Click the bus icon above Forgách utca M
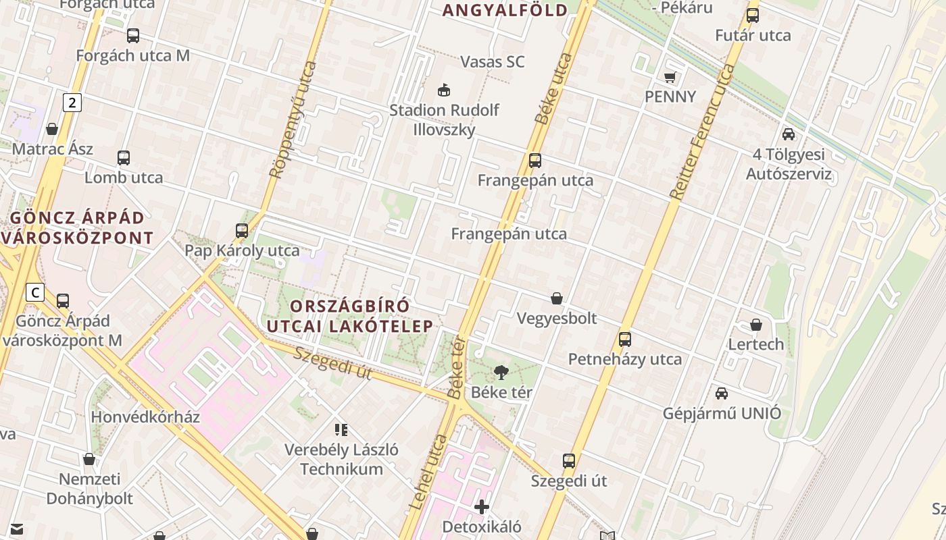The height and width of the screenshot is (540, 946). tap(133, 36)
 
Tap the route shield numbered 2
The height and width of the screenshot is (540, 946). tap(72, 103)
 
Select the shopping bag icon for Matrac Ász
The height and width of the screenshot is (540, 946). tap(52, 128)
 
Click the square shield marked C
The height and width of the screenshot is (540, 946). tap(34, 292)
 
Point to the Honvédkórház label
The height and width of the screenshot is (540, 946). tap(145, 416)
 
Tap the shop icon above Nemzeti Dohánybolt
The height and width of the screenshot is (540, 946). tap(89, 460)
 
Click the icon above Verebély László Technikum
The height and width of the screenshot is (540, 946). tap(341, 429)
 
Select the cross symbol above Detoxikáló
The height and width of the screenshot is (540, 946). tap(482, 506)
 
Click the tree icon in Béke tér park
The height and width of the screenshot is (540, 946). tap(501, 371)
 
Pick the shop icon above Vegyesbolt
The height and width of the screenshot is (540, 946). tap(557, 298)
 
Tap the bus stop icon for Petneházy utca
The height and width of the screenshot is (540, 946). tap(625, 339)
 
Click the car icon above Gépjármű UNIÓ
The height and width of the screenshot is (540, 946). tap(722, 393)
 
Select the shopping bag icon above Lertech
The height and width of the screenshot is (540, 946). tap(756, 325)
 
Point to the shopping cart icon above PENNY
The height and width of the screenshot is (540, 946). tap(670, 77)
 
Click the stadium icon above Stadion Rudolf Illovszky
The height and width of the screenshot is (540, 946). tap(444, 89)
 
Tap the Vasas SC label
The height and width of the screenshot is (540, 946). tap(492, 62)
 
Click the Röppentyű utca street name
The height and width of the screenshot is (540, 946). tap(293, 120)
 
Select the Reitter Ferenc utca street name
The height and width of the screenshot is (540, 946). tap(703, 132)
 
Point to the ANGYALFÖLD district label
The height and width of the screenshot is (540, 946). tap(505, 10)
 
